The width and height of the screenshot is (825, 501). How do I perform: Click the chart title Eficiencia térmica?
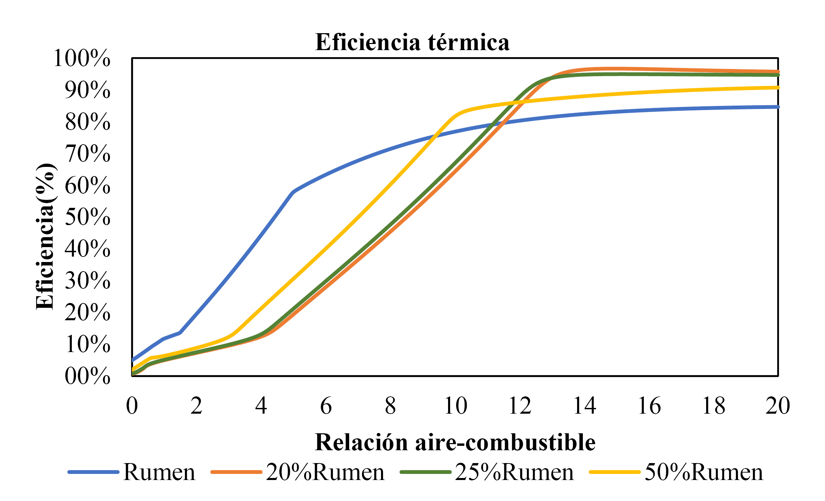pyautogui.click(x=412, y=43)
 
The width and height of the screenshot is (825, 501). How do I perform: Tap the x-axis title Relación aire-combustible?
pyautogui.click(x=455, y=442)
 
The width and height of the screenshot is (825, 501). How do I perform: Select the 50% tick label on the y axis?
pyautogui.click(x=88, y=217)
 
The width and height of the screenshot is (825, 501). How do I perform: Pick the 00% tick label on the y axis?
pyautogui.click(x=88, y=376)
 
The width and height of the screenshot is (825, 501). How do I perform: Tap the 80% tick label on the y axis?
pyautogui.click(x=88, y=122)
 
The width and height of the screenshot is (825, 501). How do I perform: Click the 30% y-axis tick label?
pyautogui.click(x=88, y=281)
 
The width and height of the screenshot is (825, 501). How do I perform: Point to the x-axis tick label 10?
pyautogui.click(x=456, y=406)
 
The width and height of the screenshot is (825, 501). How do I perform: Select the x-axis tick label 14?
pyautogui.click(x=585, y=406)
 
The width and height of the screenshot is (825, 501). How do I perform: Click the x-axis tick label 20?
pyautogui.click(x=778, y=406)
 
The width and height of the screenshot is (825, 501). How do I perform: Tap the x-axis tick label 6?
pyautogui.click(x=326, y=406)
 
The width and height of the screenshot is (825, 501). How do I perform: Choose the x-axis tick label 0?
pyautogui.click(x=132, y=406)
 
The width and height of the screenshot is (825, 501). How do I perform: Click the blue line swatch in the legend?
pyautogui.click(x=93, y=472)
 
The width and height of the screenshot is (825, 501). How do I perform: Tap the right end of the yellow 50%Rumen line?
pyautogui.click(x=778, y=88)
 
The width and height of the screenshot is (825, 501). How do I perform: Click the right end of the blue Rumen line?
pyautogui.click(x=778, y=107)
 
